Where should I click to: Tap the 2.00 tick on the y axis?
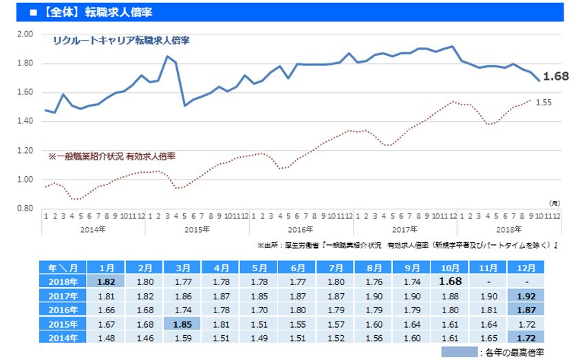[x=25, y=34]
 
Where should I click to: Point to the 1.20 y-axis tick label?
[x=25, y=151]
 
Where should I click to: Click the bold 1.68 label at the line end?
[x=556, y=76]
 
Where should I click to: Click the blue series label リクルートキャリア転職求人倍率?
[x=121, y=41]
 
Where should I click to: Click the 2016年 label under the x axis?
[x=300, y=229]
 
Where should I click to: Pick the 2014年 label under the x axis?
[x=93, y=229]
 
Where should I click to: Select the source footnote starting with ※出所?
[x=407, y=245]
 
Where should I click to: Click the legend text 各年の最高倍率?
[x=516, y=352]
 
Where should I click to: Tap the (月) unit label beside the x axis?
[x=554, y=204]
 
